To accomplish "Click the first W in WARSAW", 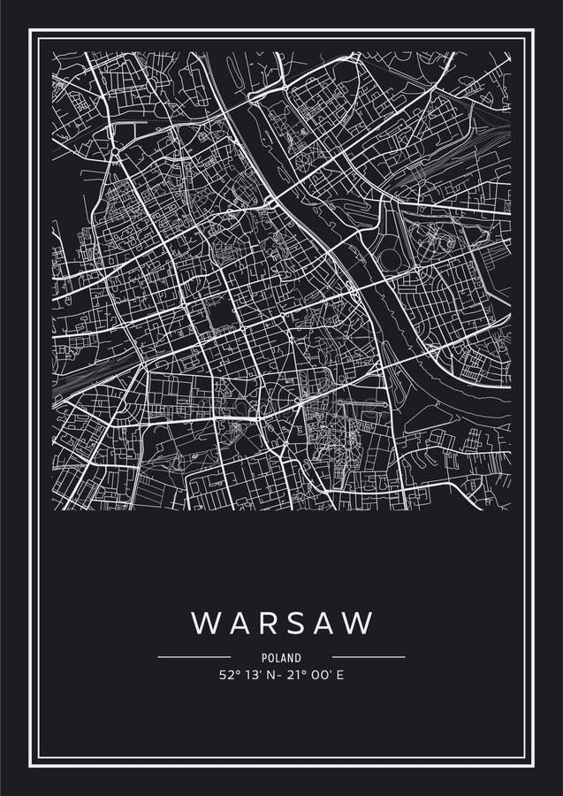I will click(204, 623).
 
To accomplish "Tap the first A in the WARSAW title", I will click(235, 623).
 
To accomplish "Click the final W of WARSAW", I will click(358, 623).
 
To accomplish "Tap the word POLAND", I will click(281, 658).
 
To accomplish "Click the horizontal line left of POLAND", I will click(194, 657).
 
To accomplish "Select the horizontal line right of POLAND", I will click(369, 657).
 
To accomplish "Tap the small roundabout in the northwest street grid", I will click(115, 152).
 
